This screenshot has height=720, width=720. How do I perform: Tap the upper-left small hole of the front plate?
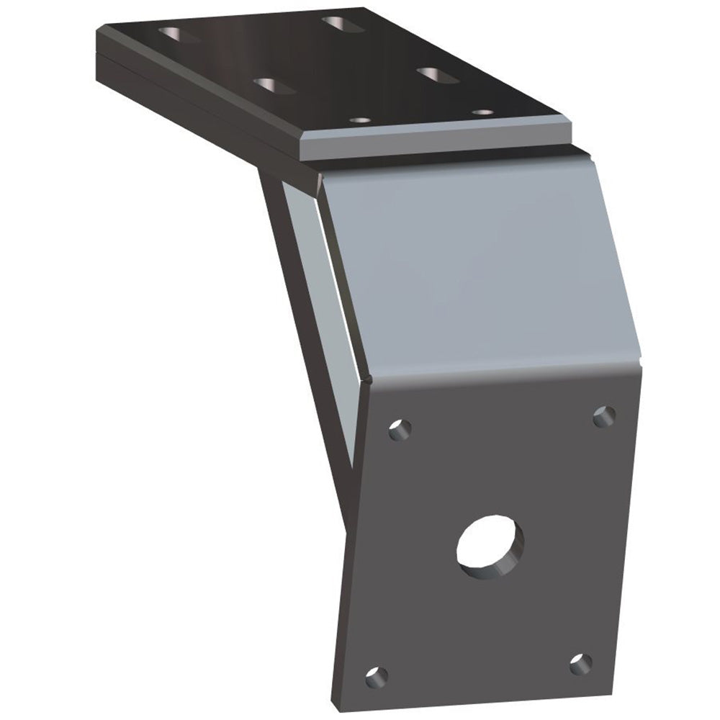400,431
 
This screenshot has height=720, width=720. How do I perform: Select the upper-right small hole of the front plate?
603,416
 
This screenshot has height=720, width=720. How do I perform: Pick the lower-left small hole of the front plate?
376,677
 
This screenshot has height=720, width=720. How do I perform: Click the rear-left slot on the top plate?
179,34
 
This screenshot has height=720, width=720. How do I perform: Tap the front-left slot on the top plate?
274,86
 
